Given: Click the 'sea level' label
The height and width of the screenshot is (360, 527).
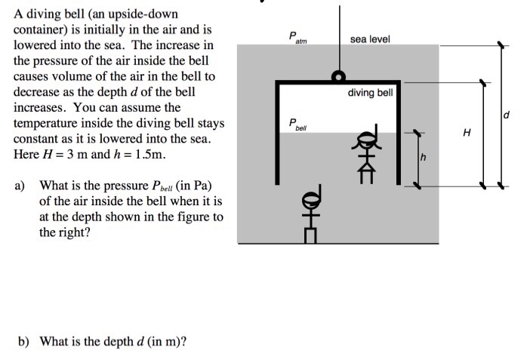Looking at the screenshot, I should pos(370,38).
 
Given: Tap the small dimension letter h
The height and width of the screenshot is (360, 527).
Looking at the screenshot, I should pos(424,158).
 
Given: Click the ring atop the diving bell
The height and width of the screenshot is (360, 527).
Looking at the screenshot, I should pos(340,76).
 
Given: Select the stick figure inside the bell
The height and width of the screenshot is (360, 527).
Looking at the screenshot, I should pos(366,154).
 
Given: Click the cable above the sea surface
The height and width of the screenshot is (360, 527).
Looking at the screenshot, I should pos(340,23).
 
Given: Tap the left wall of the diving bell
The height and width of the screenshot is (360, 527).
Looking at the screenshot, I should pos(278,132).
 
